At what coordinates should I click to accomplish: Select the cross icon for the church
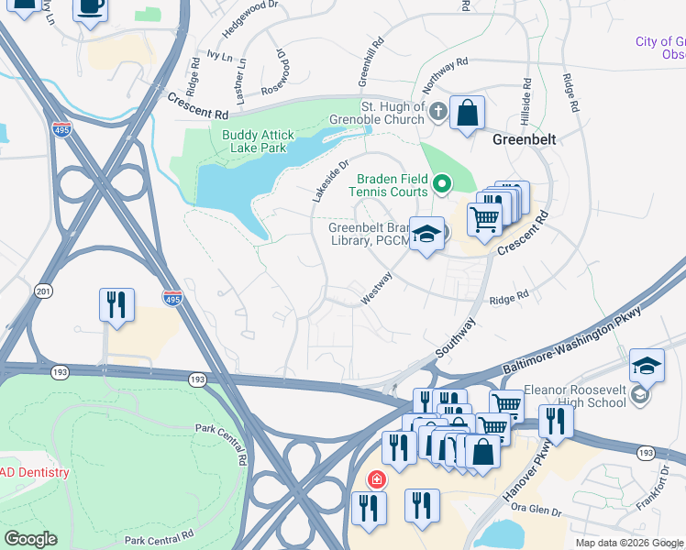[438, 113]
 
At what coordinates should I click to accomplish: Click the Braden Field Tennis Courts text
[387, 185]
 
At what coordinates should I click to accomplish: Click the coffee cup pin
[91, 8]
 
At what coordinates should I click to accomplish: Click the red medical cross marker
[376, 479]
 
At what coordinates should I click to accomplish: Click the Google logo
[32, 538]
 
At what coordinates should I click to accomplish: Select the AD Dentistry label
[34, 473]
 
